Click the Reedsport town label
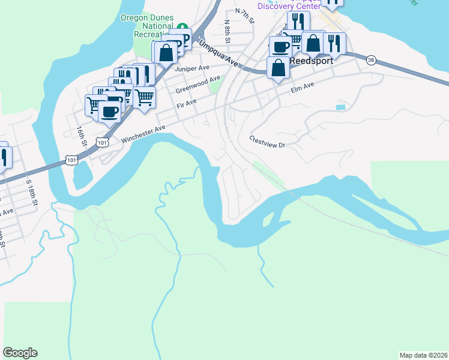(311, 61)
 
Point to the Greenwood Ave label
(198, 85)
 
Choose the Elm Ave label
(303, 89)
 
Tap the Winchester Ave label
(143, 134)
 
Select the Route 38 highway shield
(371, 60)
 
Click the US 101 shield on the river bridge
(71, 160)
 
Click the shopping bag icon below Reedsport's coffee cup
(279, 67)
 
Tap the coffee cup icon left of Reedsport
(280, 46)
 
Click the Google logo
(20, 353)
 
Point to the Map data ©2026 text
(423, 355)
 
